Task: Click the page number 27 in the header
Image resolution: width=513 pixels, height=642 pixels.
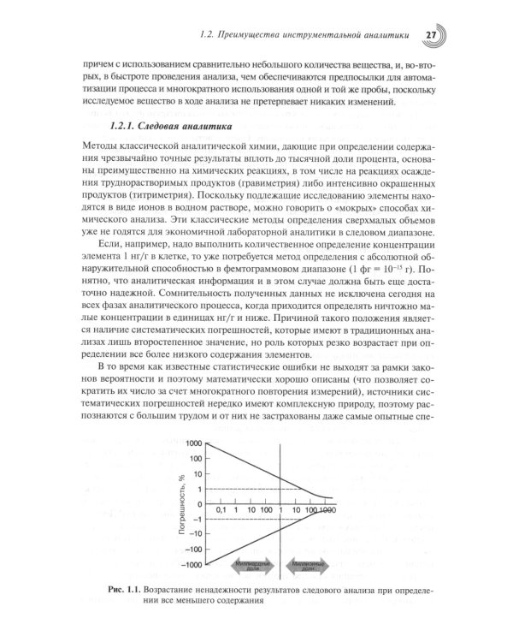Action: (432, 34)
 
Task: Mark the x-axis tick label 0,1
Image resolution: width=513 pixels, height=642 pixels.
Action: (221, 510)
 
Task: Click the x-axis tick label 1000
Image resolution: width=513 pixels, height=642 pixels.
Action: (325, 510)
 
